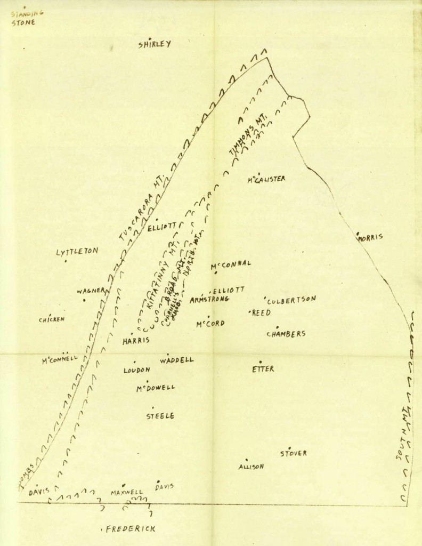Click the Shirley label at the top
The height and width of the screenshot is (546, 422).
[x=155, y=45]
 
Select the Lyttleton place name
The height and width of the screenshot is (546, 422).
[x=77, y=252]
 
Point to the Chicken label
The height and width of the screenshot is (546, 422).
[x=51, y=319]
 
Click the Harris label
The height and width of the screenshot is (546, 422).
[x=136, y=341]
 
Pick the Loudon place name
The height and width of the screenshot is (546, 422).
[x=137, y=370]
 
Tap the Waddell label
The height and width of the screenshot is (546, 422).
[x=176, y=360]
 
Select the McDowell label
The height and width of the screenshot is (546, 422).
[x=155, y=388]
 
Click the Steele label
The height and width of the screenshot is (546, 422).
[x=160, y=416]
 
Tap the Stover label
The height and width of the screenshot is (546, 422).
[x=294, y=454]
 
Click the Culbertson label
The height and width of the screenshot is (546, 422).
[x=292, y=300]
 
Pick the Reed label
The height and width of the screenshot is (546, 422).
[x=261, y=312]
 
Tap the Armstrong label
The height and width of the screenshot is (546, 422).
[x=209, y=300]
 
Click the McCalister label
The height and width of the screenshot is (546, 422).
[x=266, y=179]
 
